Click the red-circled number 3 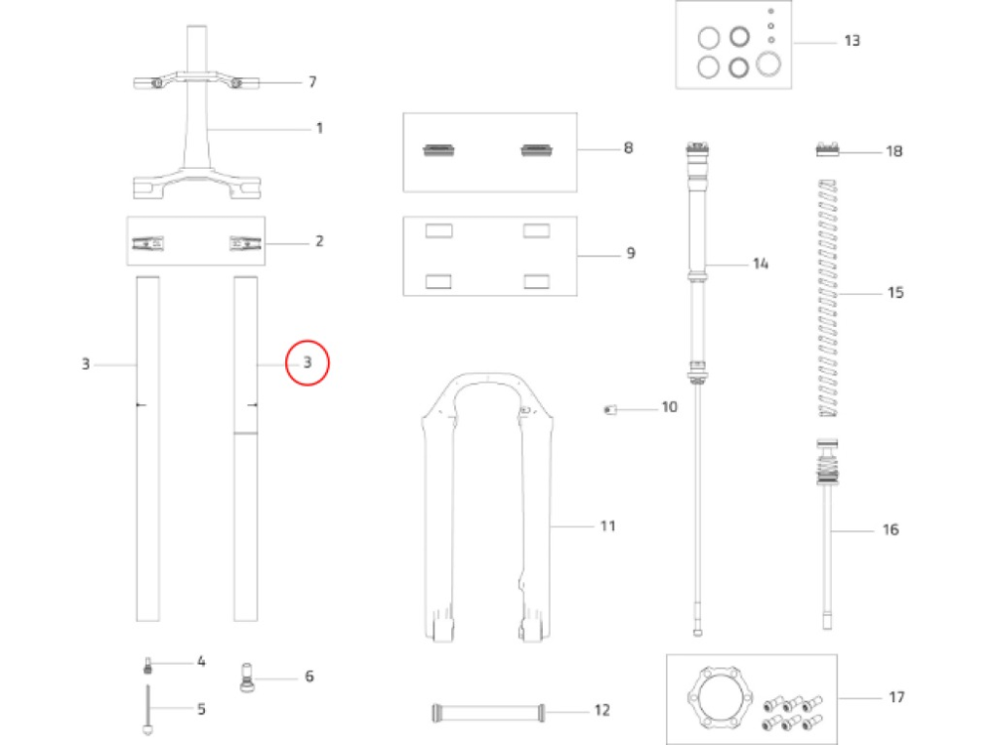point(307,364)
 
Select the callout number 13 point(852,42)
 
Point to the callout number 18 point(894,152)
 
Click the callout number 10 point(669,407)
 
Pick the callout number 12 point(601,710)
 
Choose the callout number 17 point(897,697)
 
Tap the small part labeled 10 point(611,409)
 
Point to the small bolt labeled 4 point(148,665)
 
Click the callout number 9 point(630,253)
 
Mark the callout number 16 point(891,530)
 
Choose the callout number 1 point(319,128)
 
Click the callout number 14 point(760,264)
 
